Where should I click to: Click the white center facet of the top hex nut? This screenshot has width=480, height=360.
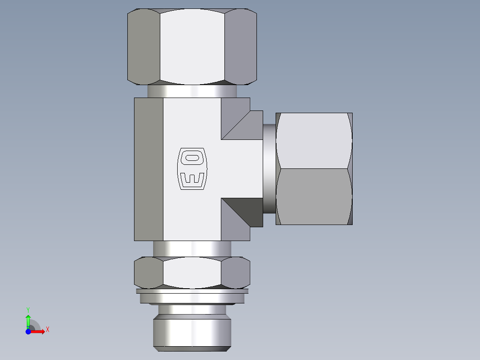[192, 47]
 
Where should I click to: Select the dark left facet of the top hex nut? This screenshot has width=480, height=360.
[144, 47]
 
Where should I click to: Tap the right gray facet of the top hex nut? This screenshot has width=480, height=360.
[240, 47]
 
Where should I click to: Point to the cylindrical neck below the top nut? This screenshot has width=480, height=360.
[192, 91]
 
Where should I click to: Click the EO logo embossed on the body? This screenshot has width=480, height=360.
[192, 168]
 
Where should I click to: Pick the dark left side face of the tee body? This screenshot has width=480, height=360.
[148, 169]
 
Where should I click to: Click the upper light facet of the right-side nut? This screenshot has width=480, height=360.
[313, 141]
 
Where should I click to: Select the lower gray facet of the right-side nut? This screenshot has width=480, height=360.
[313, 196]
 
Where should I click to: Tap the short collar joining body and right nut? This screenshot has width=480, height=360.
[269, 168]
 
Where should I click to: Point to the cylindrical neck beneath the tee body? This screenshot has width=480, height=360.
[192, 248]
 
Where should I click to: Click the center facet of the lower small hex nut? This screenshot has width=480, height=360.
[192, 272]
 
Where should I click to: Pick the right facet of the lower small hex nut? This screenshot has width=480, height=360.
[236, 272]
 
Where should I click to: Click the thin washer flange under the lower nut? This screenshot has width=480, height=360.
[192, 297]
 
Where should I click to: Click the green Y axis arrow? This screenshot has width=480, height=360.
[28, 319]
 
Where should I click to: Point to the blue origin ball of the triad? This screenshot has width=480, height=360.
[28, 331]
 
